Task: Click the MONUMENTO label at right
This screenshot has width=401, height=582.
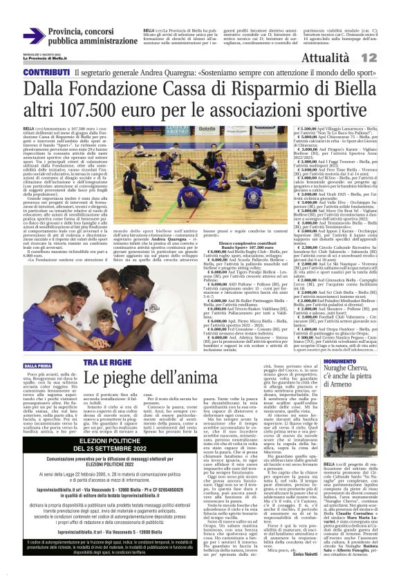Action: tap(339, 361)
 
